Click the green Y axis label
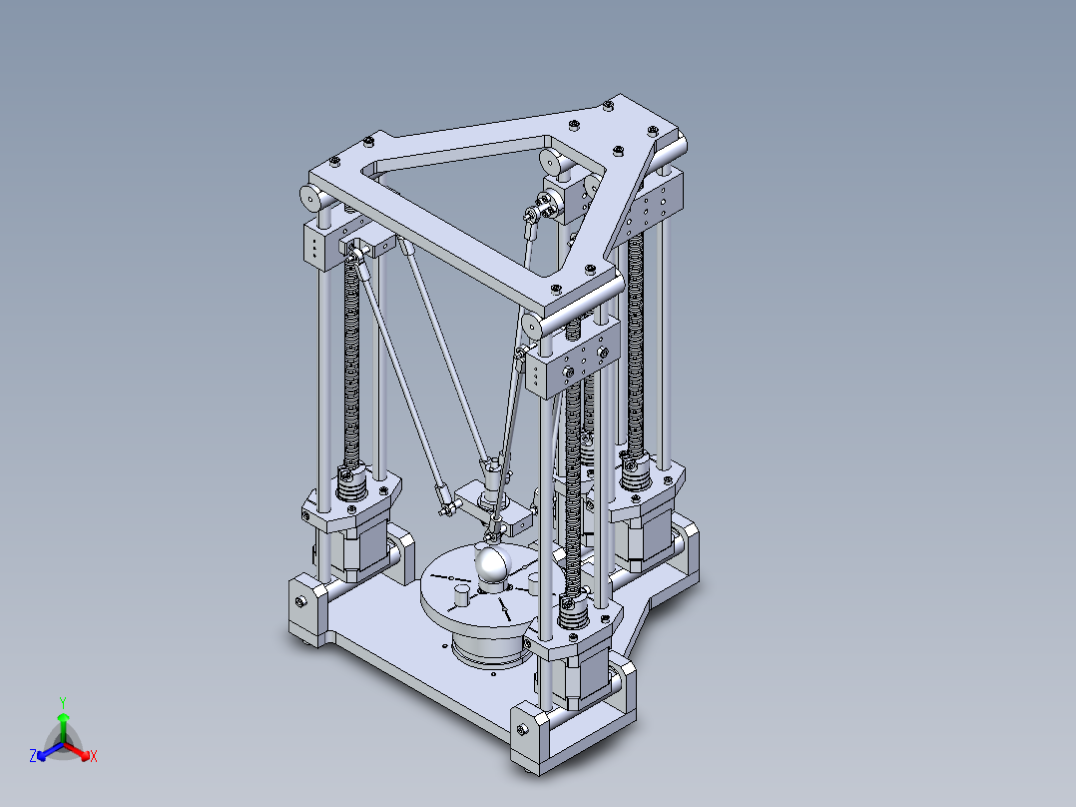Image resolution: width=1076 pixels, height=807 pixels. pos(63,701)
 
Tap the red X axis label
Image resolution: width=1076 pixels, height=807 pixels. pos(93,757)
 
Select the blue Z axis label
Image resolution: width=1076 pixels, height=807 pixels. pos(33,757)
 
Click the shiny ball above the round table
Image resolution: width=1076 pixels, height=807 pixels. pos(492,565)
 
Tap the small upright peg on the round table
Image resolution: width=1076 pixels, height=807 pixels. pos(461,596)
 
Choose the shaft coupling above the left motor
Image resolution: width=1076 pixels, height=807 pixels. pos(348,485)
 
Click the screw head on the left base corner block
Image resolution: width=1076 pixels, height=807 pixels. pos(300,601)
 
